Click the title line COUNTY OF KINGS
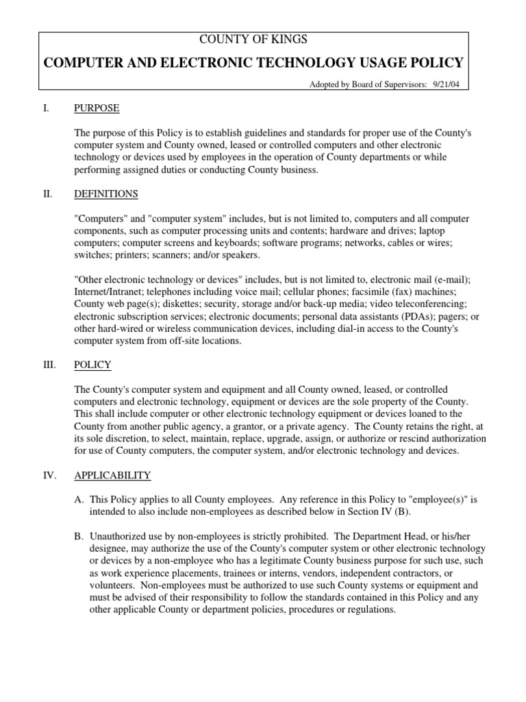pos(253,40)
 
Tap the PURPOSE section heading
pos(97,108)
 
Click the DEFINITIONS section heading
pos(106,194)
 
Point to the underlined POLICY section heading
pos(92,365)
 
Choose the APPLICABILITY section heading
pos(112,475)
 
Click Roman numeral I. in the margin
pos(46,108)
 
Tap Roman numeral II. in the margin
pos(47,194)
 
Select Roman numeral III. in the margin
pos(49,365)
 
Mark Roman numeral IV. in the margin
pos(49,475)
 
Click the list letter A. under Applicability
pos(79,499)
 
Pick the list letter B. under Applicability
pos(79,535)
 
